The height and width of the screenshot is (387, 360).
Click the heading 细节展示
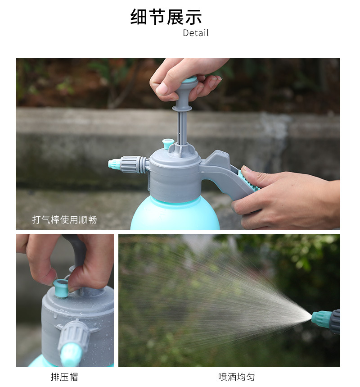(x=166, y=17)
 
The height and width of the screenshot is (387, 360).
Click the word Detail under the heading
(x=196, y=33)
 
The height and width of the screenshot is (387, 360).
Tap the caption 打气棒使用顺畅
(x=64, y=219)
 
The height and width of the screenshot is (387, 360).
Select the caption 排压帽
(x=64, y=377)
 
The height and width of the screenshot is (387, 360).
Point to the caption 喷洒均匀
(x=236, y=377)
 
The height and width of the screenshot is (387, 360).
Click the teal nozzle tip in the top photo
(x=114, y=164)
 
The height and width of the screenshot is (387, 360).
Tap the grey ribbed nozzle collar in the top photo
(x=130, y=164)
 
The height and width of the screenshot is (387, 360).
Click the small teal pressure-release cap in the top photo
(x=168, y=144)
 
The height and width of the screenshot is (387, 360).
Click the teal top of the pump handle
(x=190, y=80)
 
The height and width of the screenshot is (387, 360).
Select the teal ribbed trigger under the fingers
(x=248, y=180)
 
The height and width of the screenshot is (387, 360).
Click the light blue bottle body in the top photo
(x=175, y=214)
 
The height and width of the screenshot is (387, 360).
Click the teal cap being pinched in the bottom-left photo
(x=61, y=288)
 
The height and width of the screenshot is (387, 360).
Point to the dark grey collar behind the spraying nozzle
(x=335, y=321)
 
